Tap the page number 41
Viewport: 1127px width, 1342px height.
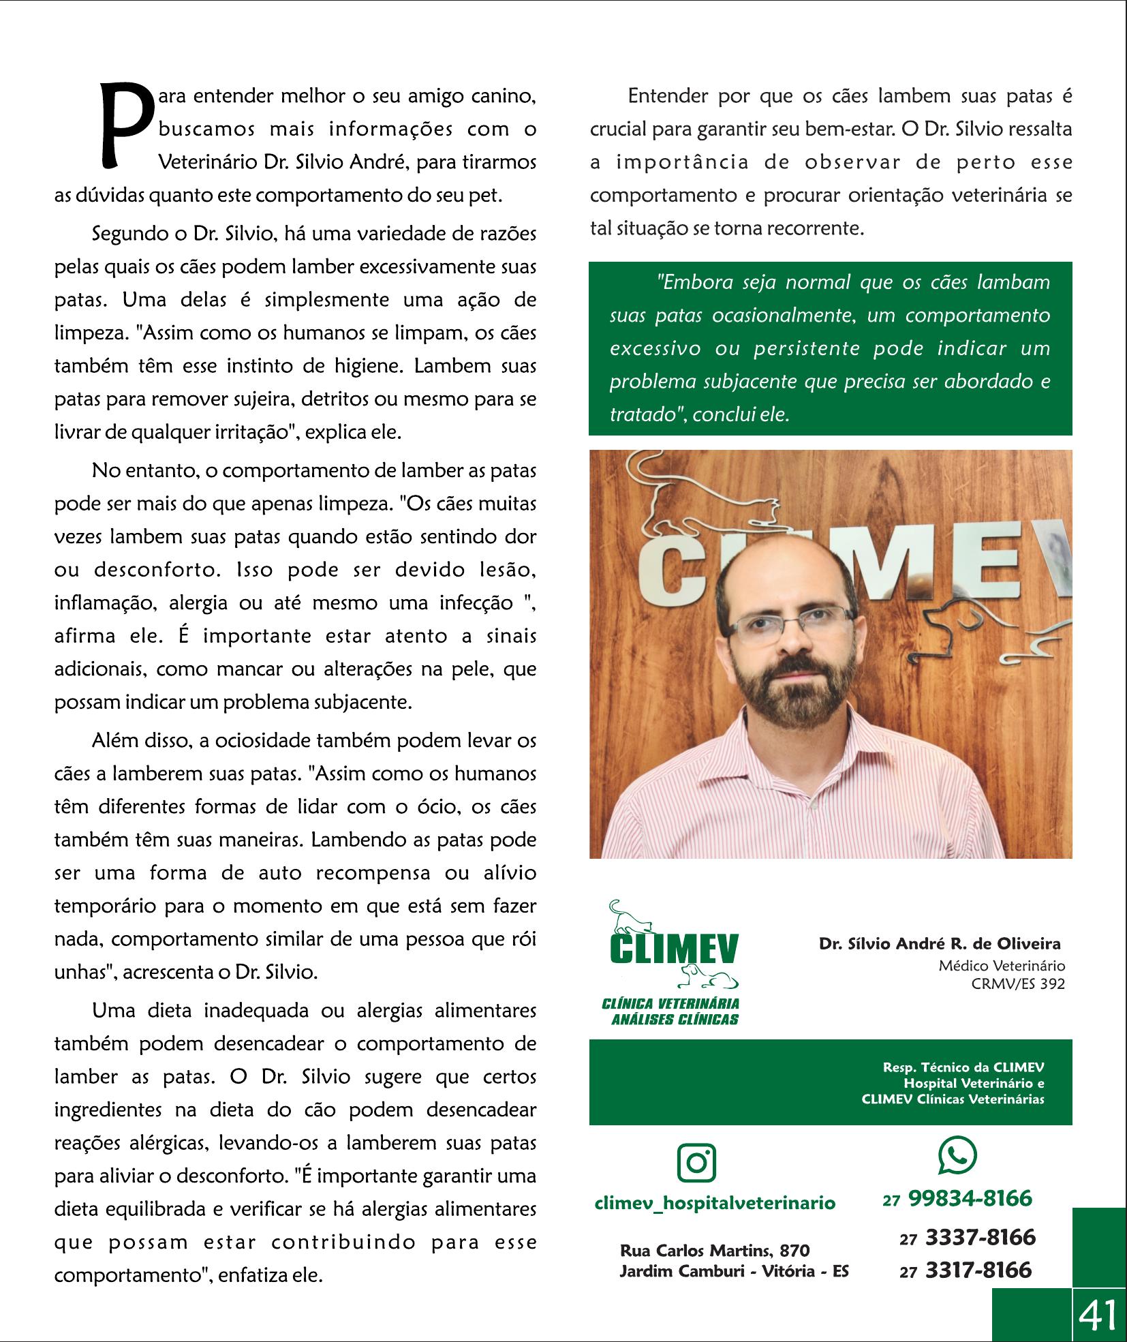click(1098, 1314)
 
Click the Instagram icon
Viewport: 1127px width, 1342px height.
click(697, 1163)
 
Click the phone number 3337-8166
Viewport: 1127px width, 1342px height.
click(979, 1237)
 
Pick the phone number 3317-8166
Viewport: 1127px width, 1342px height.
click(978, 1270)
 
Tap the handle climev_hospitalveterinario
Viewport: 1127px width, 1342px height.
click(715, 1202)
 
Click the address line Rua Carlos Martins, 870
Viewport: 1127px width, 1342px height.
click(715, 1251)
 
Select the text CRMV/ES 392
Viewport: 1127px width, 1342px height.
click(1018, 983)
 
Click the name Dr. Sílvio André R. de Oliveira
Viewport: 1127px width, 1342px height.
click(940, 944)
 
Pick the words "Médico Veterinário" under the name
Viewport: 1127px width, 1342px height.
click(1001, 965)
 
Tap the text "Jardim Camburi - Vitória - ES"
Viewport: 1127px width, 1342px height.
click(734, 1271)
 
